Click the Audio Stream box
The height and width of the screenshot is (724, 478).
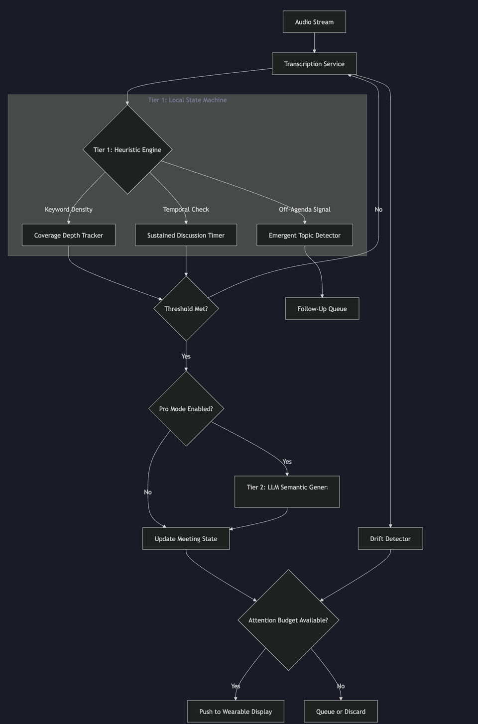tap(314, 22)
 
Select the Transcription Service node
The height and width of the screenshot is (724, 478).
tap(314, 64)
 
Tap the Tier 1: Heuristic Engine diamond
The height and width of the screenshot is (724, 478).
tap(127, 149)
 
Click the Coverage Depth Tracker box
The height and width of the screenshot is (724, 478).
tap(69, 235)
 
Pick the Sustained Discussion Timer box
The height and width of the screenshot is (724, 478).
tap(186, 235)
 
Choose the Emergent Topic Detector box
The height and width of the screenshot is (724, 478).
tap(305, 235)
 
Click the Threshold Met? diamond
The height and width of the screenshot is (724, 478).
tap(186, 309)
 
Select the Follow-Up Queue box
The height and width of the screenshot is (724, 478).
tap(322, 309)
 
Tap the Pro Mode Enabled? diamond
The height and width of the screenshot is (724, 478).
tap(186, 409)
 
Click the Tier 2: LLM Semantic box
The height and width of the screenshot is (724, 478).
tap(287, 491)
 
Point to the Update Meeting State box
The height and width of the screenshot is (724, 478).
tap(186, 538)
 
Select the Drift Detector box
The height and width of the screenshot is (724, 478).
tap(390, 538)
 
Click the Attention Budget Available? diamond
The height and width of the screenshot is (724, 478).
tap(288, 620)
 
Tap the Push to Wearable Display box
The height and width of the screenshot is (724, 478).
tap(236, 711)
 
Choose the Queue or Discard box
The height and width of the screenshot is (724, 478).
tap(341, 711)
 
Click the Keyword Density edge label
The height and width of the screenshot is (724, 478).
tap(69, 209)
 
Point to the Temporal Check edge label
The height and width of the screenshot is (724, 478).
tap(186, 209)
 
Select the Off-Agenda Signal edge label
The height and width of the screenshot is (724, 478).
tap(305, 209)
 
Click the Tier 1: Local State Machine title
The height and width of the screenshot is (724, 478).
tap(187, 100)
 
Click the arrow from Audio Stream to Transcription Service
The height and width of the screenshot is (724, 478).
tap(314, 43)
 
